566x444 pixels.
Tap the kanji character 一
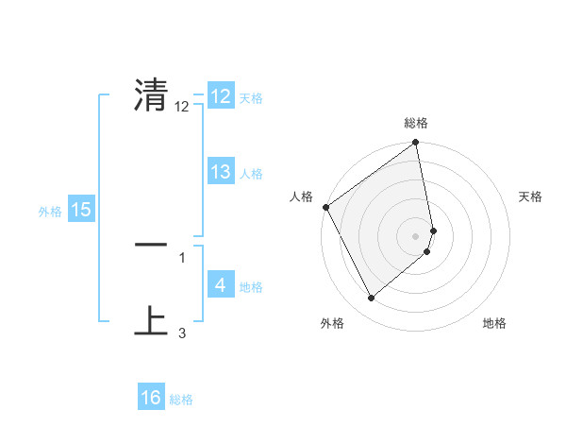(151, 245)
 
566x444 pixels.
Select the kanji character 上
(151, 320)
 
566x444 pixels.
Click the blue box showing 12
(221, 96)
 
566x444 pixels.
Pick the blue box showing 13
(221, 172)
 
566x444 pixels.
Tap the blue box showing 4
(221, 285)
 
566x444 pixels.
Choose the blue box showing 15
(81, 210)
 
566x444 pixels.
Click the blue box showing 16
(151, 398)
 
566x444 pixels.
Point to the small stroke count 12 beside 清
(182, 107)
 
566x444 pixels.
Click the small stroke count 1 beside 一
(182, 257)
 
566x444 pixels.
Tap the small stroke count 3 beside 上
(182, 333)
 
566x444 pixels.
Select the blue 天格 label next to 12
(251, 98)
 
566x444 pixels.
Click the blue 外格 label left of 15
(50, 212)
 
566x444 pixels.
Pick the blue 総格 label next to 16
(181, 400)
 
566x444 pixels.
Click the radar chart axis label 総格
(416, 123)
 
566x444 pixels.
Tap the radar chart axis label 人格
(302, 196)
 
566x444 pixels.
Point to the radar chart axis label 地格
(494, 323)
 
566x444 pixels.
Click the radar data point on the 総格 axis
(416, 144)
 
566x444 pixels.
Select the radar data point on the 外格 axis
(371, 299)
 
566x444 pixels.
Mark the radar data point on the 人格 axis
(325, 207)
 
